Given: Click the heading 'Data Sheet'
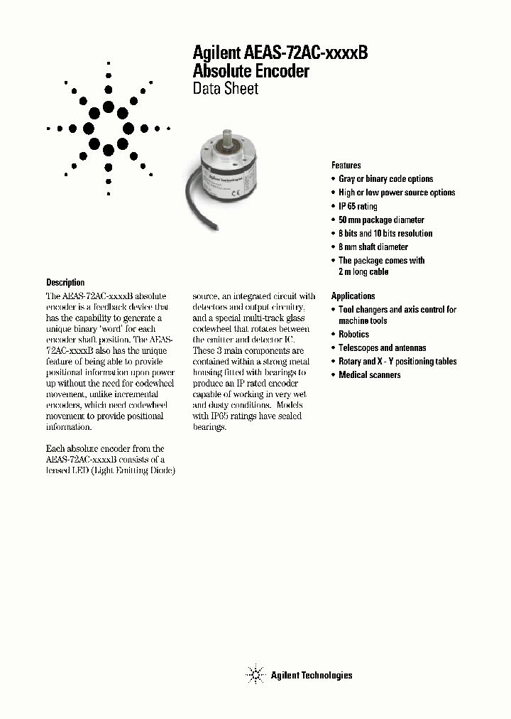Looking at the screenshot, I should pos(226,89).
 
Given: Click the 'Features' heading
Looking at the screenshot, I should pos(346,165).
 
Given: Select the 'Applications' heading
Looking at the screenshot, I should pos(353,296).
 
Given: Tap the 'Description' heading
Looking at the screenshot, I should pos(65,282).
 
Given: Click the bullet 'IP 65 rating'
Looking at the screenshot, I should pos(358,206).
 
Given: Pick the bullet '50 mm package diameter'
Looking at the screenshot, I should pos(381,220).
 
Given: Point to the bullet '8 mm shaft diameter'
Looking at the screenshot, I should pos(373,247).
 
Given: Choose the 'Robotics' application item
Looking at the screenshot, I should pos(353,334).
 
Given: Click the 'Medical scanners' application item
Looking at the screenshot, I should pos(369,375).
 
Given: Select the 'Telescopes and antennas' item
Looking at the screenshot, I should pos(382,348).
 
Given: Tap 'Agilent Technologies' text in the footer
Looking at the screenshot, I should pos(311,676).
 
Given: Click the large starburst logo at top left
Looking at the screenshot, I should pos(109,129).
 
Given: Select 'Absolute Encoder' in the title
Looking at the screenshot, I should pos(251,71).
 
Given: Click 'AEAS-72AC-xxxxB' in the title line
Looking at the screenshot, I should pos(306,53).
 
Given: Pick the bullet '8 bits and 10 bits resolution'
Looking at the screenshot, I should pos(385,234).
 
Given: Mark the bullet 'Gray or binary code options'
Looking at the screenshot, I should pos(385,179).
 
